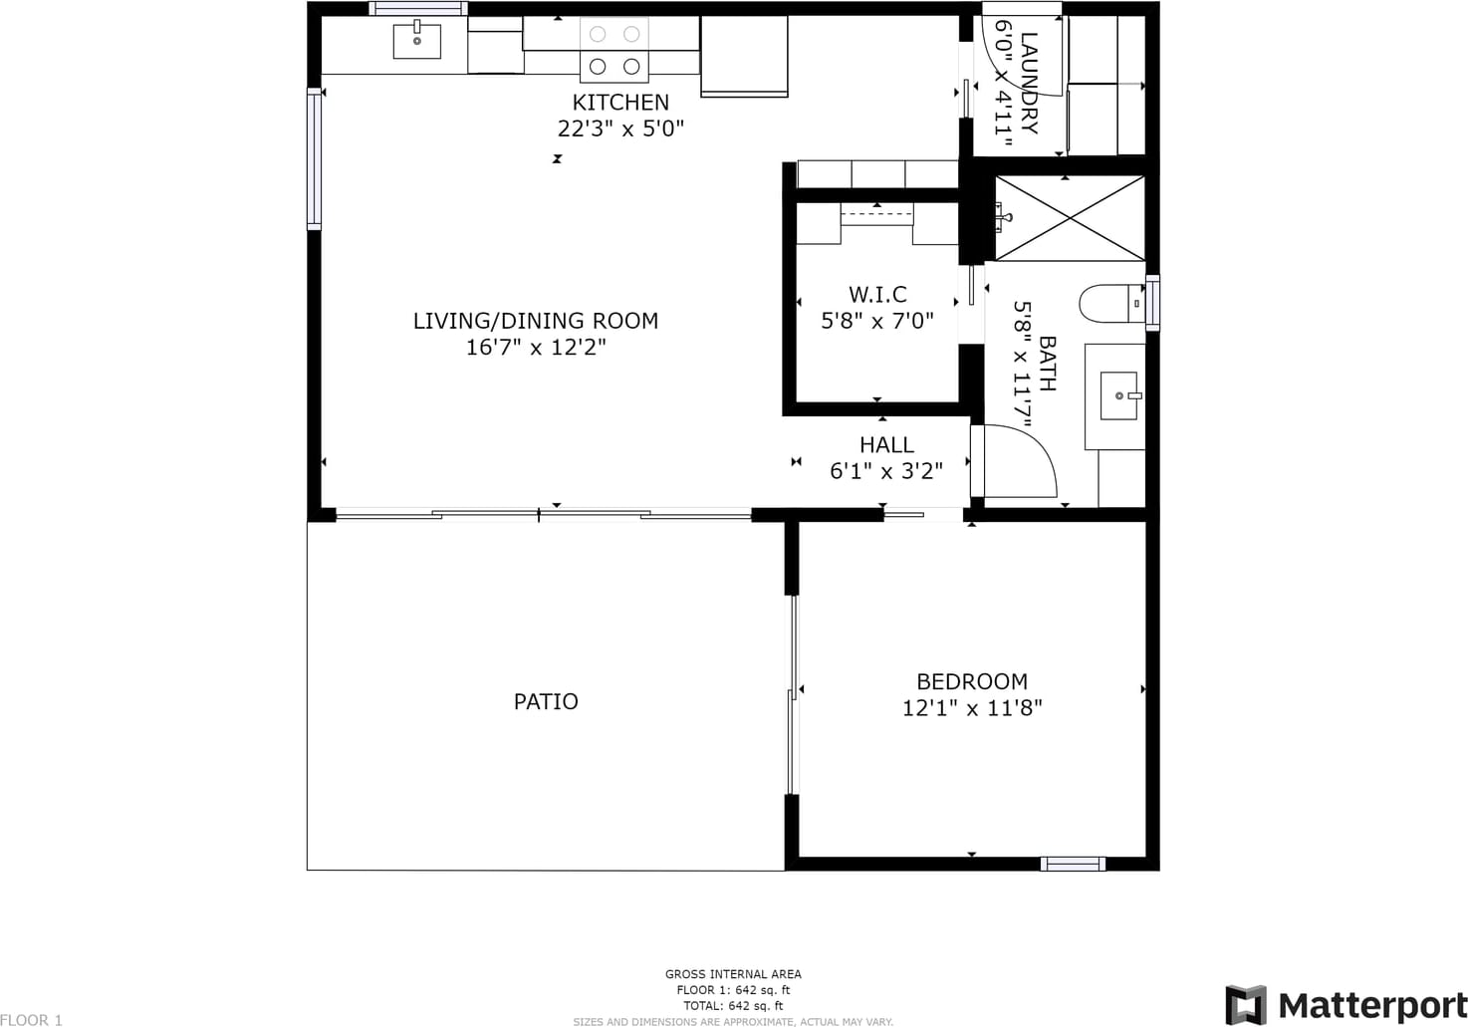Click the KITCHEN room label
[620, 103]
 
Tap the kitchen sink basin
[417, 41]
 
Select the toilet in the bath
[1111, 304]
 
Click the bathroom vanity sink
[1118, 395]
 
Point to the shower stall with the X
[1071, 218]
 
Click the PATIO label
[546, 702]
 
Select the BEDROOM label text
[972, 682]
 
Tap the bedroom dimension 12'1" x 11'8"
[972, 708]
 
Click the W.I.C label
[877, 295]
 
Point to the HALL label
[886, 445]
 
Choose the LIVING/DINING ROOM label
[536, 321]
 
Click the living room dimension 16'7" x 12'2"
[536, 348]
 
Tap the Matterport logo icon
[1245, 1005]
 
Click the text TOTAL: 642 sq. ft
[733, 1005]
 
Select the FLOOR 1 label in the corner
[31, 1020]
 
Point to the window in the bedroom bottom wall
[1073, 864]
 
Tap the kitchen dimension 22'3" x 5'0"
[620, 128]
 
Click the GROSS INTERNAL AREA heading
[733, 974]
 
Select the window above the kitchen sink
[418, 9]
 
